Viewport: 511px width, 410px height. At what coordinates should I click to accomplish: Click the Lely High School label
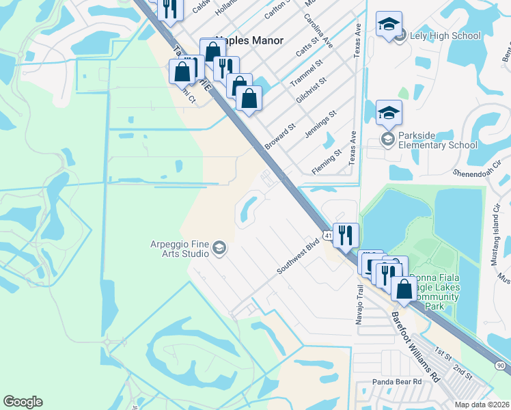445,36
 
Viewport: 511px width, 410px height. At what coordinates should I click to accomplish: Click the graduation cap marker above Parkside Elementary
389,112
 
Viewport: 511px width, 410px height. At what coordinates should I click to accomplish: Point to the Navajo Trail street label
360,299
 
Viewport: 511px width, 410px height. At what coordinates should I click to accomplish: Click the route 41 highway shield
329,236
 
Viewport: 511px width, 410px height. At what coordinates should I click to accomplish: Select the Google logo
23,402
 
